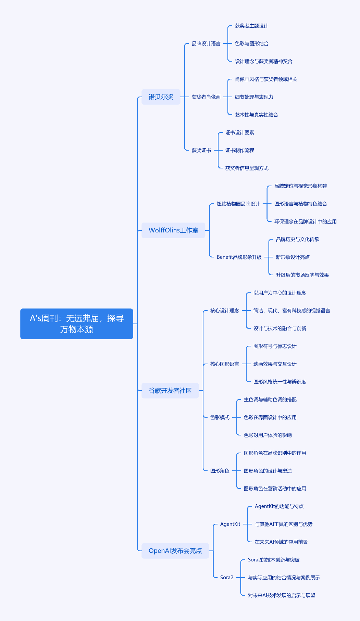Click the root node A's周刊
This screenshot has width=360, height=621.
tap(77, 324)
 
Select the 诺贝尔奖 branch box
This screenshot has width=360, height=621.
tap(161, 97)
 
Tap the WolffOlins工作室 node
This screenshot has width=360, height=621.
tap(173, 230)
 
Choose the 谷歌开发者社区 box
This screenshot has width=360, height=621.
tap(170, 391)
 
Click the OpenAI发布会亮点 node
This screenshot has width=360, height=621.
tap(175, 551)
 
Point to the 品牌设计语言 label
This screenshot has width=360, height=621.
tap(206, 43)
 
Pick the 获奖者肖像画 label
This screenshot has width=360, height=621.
tap(206, 97)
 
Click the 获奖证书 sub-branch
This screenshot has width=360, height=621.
tap(201, 150)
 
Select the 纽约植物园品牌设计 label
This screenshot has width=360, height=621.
tap(238, 204)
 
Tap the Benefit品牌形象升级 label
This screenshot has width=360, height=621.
tap(239, 257)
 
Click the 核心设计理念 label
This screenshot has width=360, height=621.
tap(225, 310)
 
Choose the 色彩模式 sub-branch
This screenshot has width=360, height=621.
tap(220, 417)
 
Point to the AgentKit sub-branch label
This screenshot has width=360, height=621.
tap(230, 524)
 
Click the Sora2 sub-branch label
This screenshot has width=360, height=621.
tap(227, 578)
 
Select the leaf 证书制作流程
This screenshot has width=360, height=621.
tap(240, 150)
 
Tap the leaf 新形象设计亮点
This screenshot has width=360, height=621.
tap(293, 257)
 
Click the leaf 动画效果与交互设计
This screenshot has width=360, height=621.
tap(275, 364)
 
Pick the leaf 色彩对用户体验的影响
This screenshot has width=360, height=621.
tap(268, 435)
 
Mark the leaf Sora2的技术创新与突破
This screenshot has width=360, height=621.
tap(274, 560)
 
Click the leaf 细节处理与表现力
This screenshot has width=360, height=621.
tap(254, 97)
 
